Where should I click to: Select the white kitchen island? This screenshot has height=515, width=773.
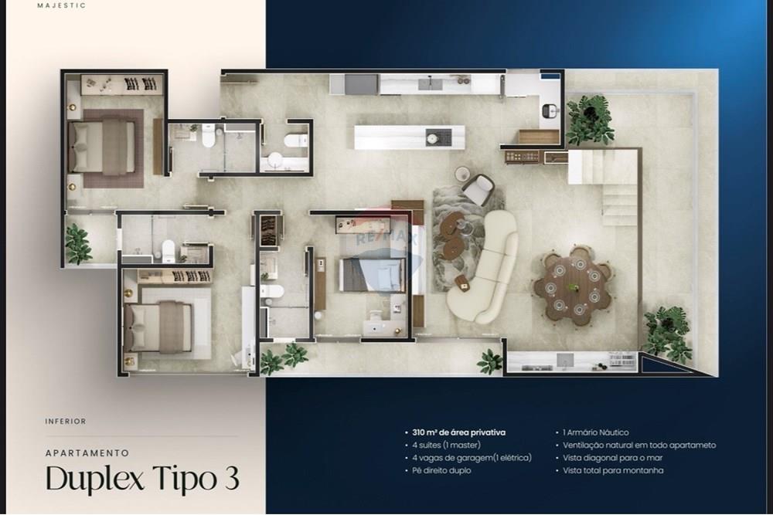[410, 137]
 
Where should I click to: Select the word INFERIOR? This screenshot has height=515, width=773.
[66, 422]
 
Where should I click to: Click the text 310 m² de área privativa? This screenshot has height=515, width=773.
[459, 433]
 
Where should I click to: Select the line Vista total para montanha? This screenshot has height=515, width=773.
[613, 470]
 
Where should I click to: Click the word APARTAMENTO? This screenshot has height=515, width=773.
[87, 453]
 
